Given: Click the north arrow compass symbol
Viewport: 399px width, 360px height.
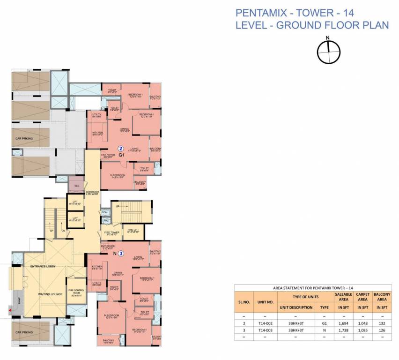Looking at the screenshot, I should click(329, 52).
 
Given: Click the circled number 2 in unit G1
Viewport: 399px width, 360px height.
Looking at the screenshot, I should click(120, 149).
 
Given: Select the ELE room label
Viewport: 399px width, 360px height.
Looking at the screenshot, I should click(75, 186).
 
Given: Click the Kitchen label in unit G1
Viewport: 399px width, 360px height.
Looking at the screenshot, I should click(97, 134).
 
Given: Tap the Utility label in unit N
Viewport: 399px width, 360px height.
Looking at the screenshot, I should click(97, 284).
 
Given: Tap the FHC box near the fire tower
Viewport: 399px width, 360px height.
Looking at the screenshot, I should click(106, 220).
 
